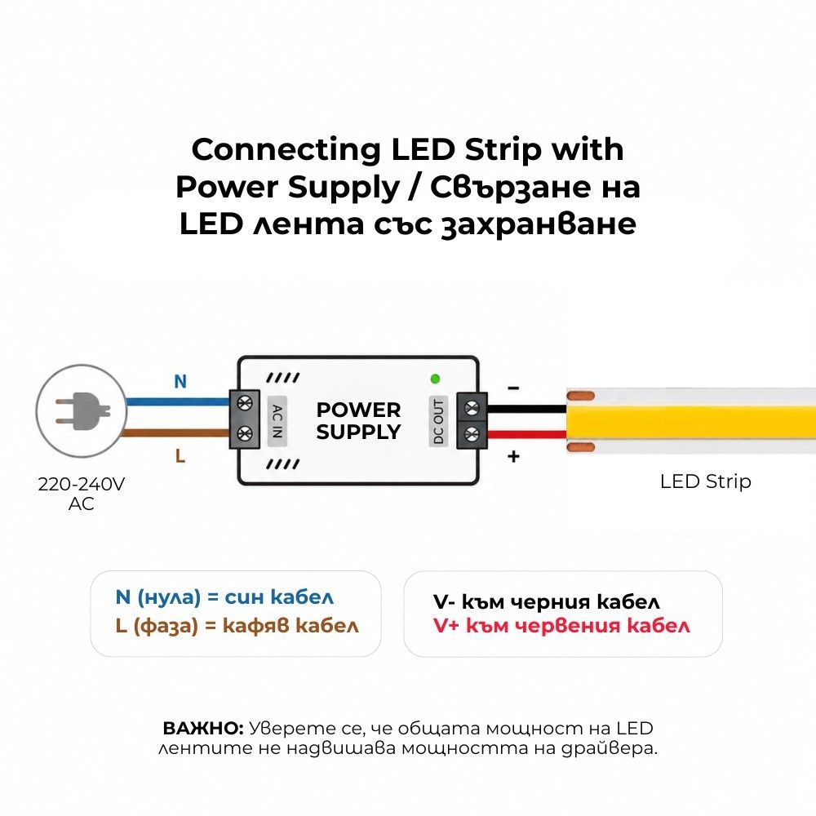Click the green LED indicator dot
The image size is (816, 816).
coord(436,379)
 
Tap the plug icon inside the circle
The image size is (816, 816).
coord(83,411)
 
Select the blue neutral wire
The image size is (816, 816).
coord(177,401)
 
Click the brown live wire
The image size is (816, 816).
coord(175,433)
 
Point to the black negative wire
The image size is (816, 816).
coord(526,409)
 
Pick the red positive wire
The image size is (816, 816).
coord(526,435)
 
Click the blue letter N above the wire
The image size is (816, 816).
coord(180,381)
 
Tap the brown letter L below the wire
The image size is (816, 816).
coord(180,456)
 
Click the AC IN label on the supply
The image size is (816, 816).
coord(277,421)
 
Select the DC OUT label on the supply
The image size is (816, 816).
coord(438,422)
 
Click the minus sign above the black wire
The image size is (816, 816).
coord(513,388)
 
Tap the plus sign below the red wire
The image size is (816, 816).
coord(513,456)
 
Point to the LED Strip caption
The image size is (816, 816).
coord(705,482)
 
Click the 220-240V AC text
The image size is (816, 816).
coord(81,494)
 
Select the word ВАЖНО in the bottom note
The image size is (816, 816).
coord(203,728)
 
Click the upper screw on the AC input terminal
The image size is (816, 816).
coord(245,402)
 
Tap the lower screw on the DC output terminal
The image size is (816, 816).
coord(472,432)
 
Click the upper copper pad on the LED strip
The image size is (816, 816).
coord(580,396)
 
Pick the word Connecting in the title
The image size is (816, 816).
coord(286,150)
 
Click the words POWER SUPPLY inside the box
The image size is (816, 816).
coord(358,421)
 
